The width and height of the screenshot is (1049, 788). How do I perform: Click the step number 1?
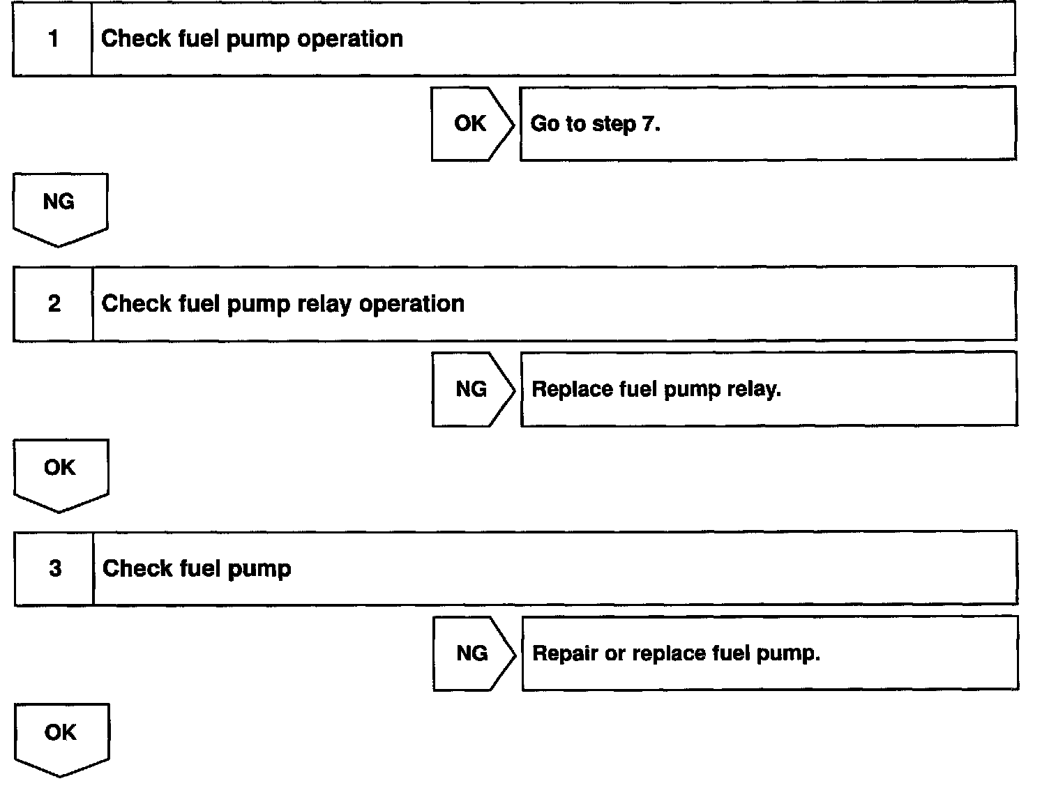tap(53, 39)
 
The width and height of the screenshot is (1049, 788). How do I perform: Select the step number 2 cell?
tap(54, 304)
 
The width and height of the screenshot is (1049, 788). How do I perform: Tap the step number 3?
tap(55, 569)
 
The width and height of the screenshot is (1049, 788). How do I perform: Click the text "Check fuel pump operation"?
tap(252, 39)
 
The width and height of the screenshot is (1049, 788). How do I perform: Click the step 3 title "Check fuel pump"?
tap(197, 569)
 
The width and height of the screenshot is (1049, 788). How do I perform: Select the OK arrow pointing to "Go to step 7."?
tap(471, 124)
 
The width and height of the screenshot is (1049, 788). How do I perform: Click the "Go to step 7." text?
tap(595, 124)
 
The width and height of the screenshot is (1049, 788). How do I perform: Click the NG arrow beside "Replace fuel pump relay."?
tap(472, 389)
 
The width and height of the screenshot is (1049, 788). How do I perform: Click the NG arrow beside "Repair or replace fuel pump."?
tap(473, 653)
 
